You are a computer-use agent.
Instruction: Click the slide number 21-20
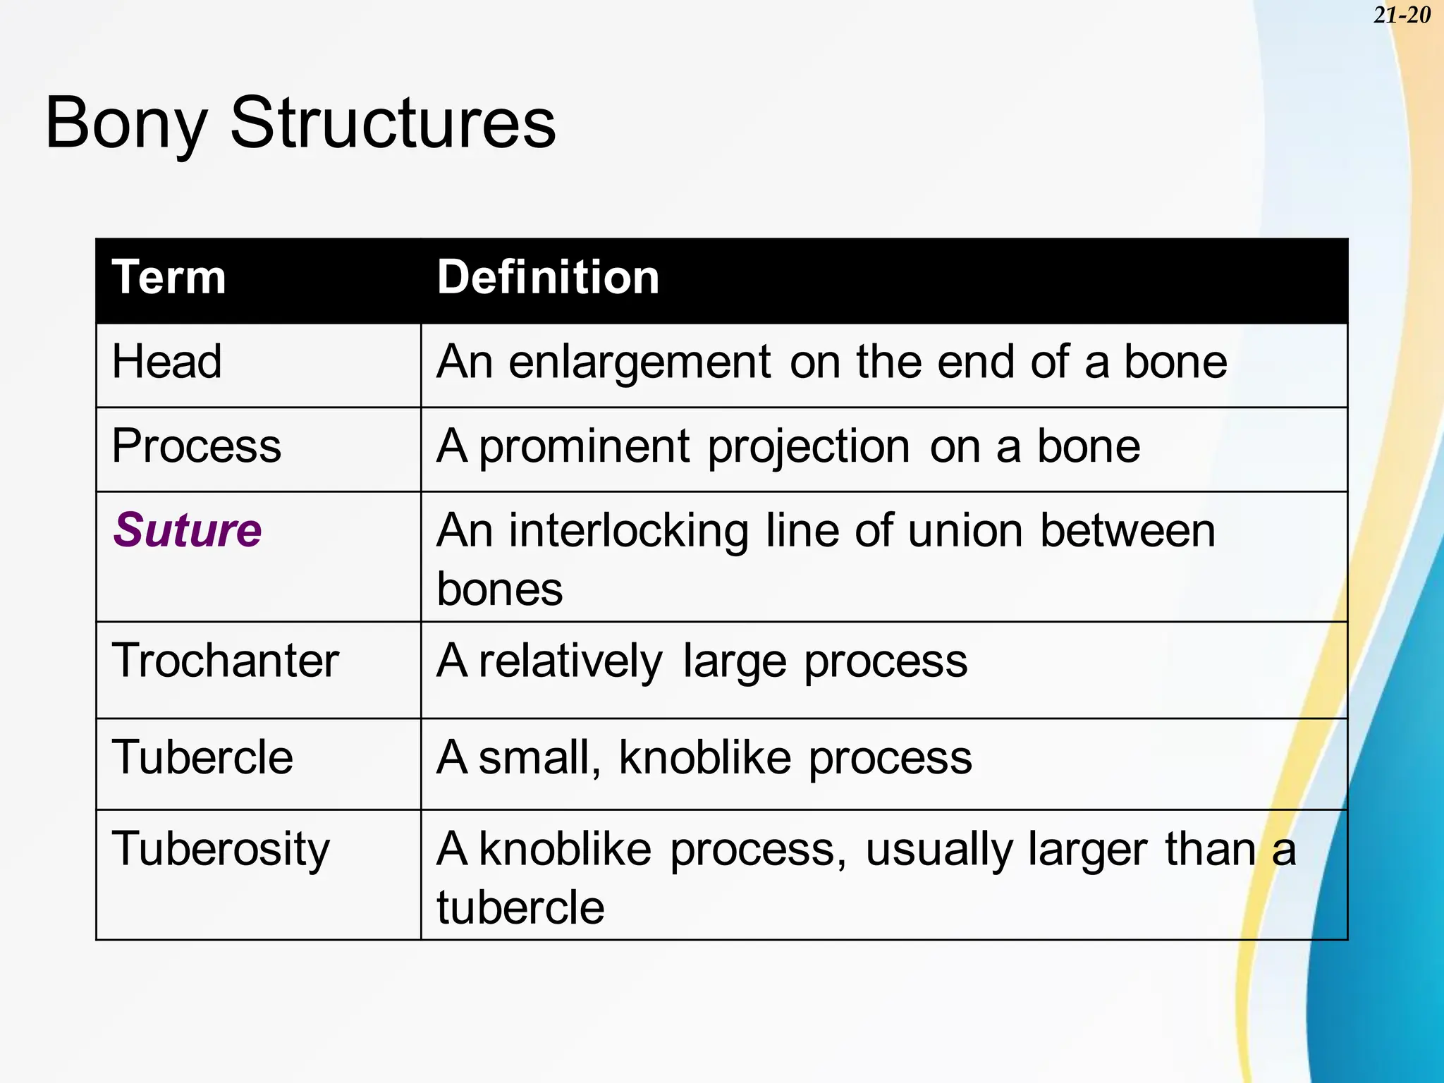point(1401,16)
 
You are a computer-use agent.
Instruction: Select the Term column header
point(169,277)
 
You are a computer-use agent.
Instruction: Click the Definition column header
point(548,277)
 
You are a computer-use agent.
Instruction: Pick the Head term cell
point(167,362)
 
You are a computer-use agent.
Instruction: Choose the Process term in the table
point(197,446)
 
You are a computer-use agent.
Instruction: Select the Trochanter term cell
point(226,661)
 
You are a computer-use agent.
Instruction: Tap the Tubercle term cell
point(202,758)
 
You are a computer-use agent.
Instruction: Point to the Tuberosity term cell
point(221,849)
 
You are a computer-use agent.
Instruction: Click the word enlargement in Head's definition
point(640,363)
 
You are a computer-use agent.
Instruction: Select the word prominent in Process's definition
point(585,447)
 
